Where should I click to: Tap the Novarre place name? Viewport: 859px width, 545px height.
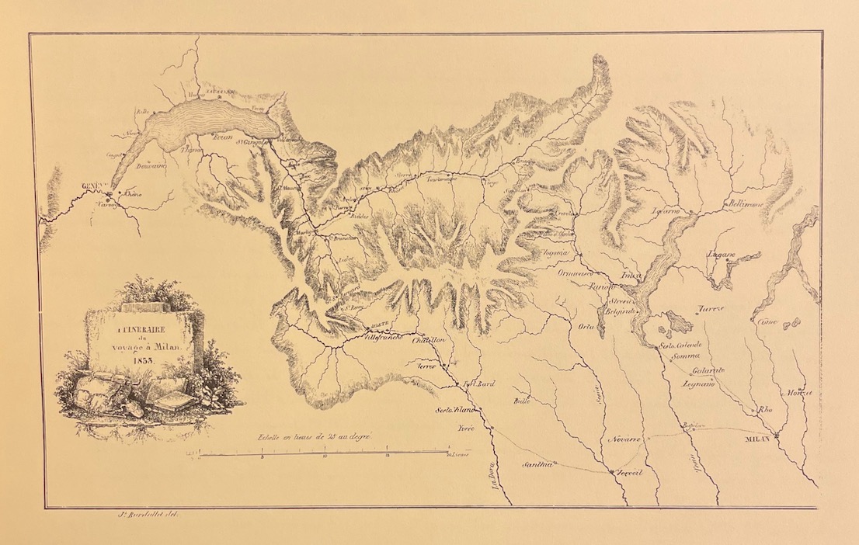pos(624,439)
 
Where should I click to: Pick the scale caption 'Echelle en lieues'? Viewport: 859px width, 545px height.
pos(317,438)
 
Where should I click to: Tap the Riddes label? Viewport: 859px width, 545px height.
pos(360,216)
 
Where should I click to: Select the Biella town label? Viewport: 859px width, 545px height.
pos(520,401)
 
